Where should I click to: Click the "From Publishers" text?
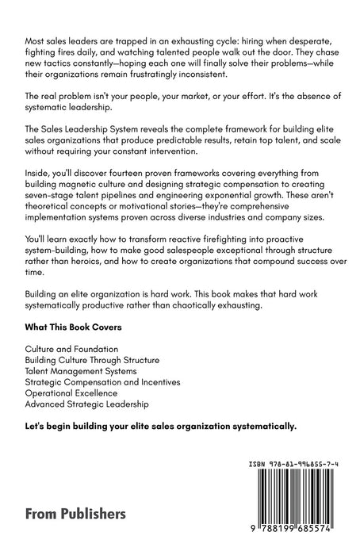(75, 513)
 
